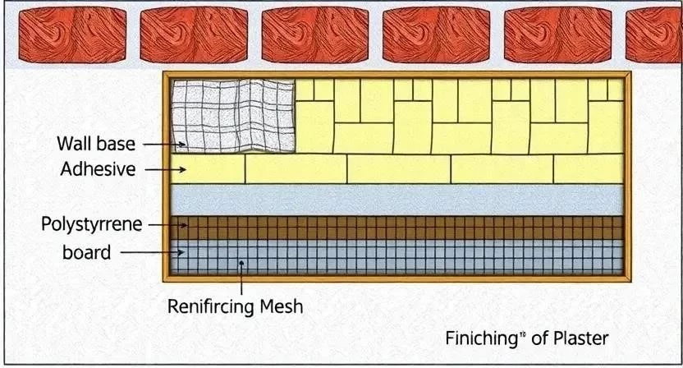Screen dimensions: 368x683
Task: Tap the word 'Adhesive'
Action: click(97, 170)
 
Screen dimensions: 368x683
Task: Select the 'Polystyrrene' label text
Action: click(90, 223)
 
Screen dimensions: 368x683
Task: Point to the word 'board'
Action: click(86, 252)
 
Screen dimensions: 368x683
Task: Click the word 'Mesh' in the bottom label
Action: click(282, 307)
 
